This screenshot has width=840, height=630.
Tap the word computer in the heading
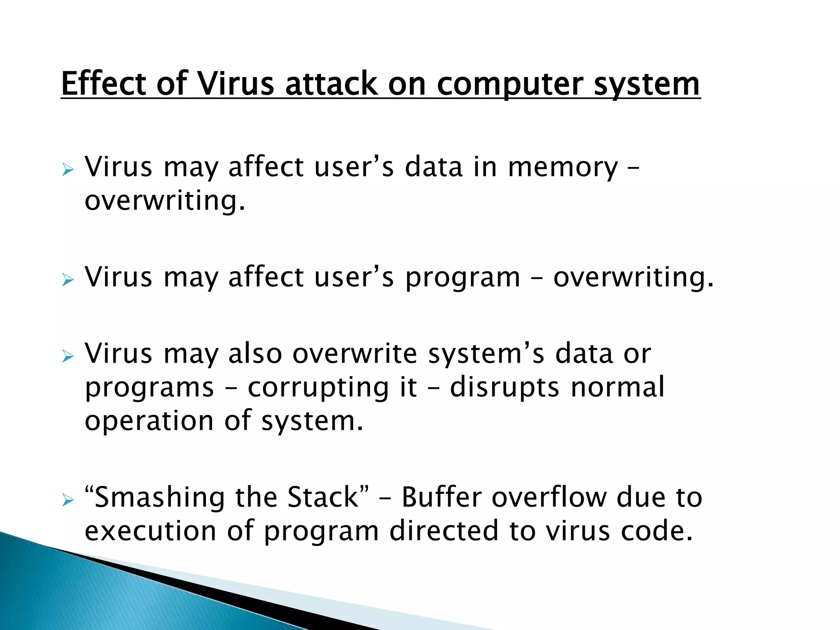[x=509, y=84]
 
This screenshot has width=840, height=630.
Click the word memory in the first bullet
[x=562, y=168]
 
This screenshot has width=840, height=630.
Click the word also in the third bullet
[x=255, y=354]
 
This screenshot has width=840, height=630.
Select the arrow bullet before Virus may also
[x=68, y=356]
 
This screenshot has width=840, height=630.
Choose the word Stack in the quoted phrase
[x=322, y=497]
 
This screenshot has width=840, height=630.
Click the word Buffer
[x=441, y=497]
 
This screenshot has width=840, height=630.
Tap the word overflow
[x=549, y=497]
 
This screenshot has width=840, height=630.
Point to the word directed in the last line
[x=444, y=531]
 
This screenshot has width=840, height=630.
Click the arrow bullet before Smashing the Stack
[x=68, y=500]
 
